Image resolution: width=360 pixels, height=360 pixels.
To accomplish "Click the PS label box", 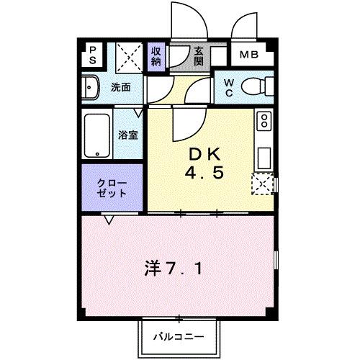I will (92, 55).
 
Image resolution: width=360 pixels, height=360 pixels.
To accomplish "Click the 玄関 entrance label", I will (199, 55).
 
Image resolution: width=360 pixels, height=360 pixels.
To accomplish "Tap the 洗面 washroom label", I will (120, 88).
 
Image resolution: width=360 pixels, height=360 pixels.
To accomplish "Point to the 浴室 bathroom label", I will (128, 135).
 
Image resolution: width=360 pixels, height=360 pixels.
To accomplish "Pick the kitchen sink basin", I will (264, 156).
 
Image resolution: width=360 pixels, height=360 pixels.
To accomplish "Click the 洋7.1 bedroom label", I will (176, 270).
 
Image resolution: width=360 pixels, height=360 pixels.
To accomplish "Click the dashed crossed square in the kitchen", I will (262, 184).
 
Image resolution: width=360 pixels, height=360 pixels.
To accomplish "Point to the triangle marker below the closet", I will (109, 220).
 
